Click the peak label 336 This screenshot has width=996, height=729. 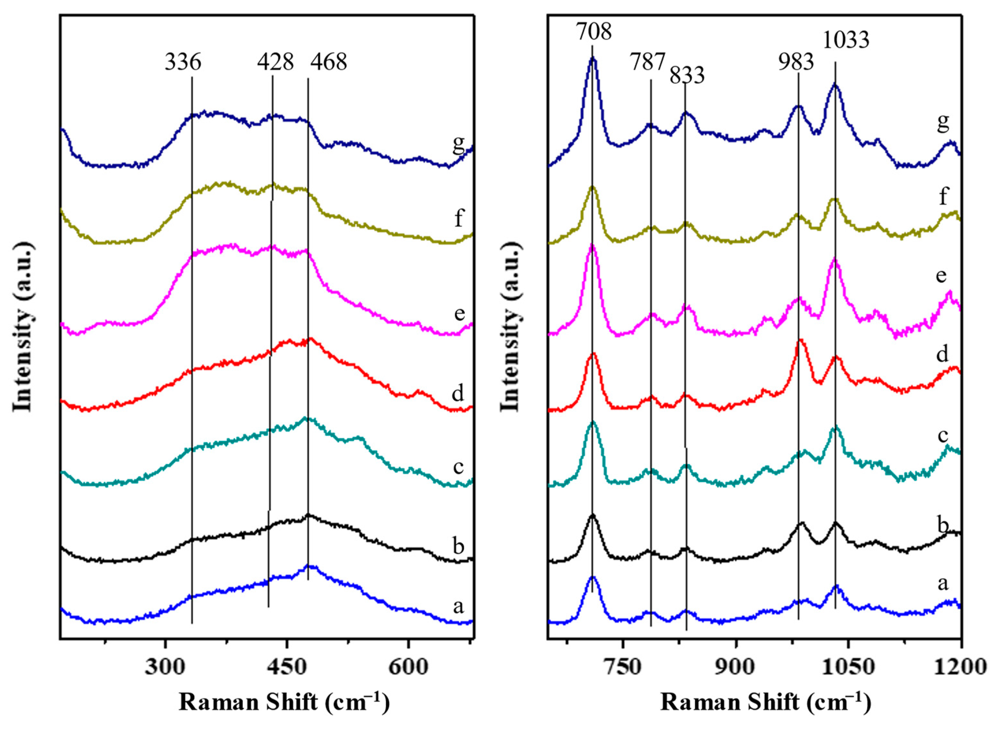[x=183, y=62]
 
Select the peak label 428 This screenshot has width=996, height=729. [x=275, y=62]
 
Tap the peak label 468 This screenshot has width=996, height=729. [x=328, y=62]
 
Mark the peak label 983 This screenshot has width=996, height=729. [x=796, y=62]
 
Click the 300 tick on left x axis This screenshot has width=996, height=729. [x=165, y=667]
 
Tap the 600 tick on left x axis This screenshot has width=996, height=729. [x=408, y=667]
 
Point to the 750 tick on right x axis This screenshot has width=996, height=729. [x=622, y=667]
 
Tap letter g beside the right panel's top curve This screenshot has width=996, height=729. [x=942, y=122]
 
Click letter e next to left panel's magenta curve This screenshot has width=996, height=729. [x=459, y=314]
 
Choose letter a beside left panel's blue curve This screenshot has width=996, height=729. [x=459, y=607]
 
